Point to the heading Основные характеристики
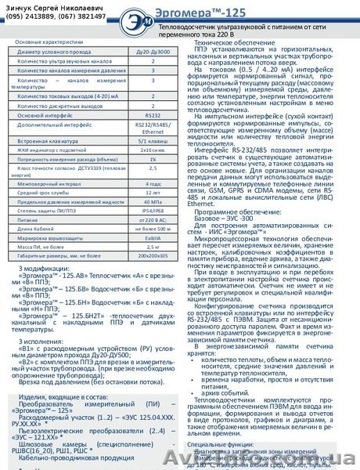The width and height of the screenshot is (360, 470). pyautogui.click(x=51, y=40)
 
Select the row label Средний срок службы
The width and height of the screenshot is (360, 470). pyautogui.click(x=47, y=193)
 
